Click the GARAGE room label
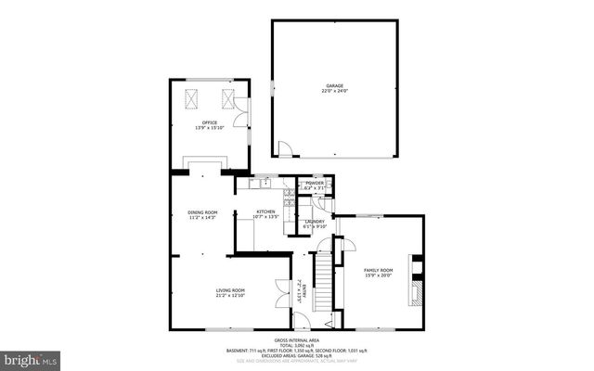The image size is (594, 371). (x=334, y=85)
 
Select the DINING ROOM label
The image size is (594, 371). (x=202, y=211)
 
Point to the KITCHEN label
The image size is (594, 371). (x=266, y=212)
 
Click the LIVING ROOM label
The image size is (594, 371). (x=230, y=290)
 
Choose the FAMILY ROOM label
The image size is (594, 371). (x=378, y=269)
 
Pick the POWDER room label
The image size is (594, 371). (x=315, y=183)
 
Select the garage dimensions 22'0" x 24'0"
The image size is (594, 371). (x=334, y=91)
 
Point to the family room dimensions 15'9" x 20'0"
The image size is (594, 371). (x=378, y=275)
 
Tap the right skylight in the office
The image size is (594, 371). (x=228, y=99)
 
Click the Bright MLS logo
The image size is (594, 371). (x=31, y=358)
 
